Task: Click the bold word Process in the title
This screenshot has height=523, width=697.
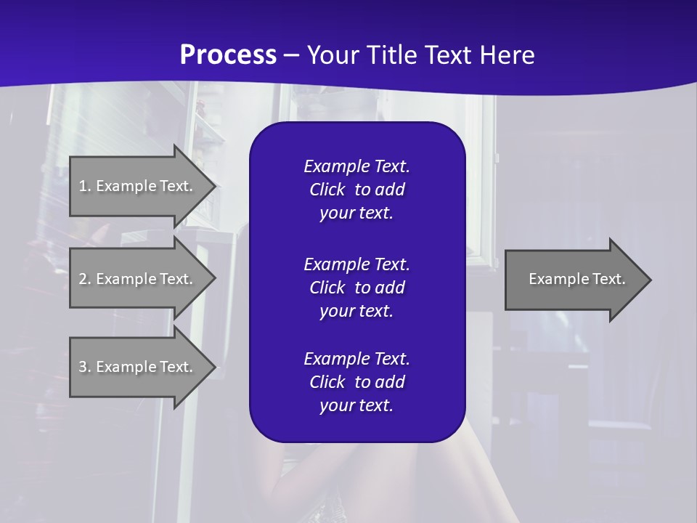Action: point(228,55)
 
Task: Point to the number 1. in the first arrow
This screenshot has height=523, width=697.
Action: point(85,186)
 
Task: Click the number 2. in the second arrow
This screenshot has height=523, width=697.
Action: point(85,279)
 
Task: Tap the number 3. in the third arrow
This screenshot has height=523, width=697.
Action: point(85,367)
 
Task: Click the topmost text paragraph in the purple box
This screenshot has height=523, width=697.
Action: point(356,190)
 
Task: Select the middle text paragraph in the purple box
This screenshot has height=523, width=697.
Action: point(356,287)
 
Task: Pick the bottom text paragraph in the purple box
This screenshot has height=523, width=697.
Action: point(356,382)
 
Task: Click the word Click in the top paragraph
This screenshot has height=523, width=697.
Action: point(327,190)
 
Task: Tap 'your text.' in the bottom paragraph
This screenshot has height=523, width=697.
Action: point(356,405)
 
